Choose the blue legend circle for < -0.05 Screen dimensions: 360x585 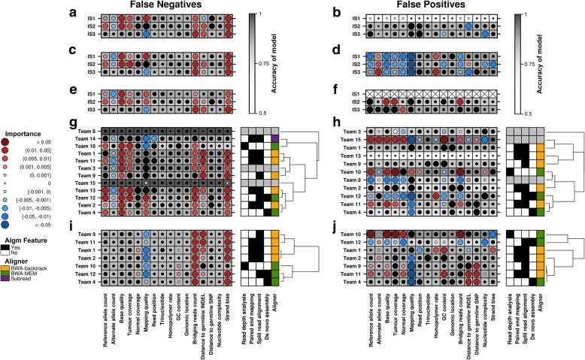click(9, 225)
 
